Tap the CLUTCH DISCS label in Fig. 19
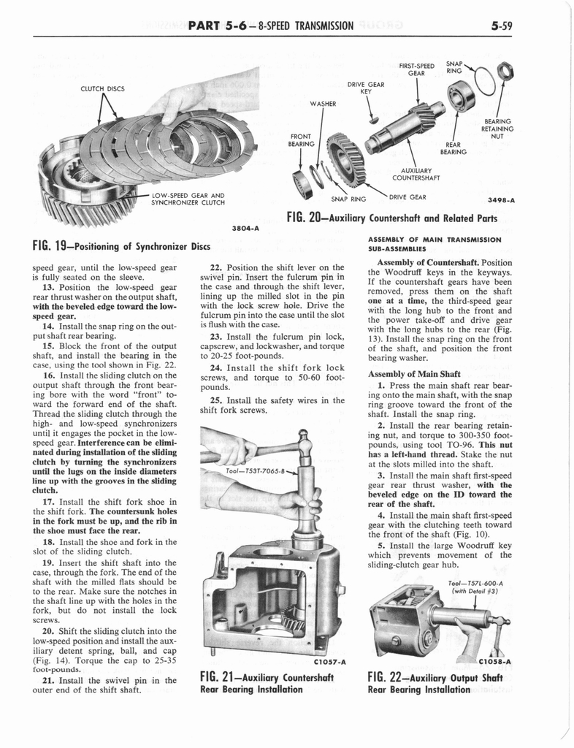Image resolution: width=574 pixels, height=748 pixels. click(102, 89)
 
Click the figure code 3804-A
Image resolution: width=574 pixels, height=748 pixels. click(245, 227)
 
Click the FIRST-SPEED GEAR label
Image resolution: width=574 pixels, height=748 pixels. click(416, 69)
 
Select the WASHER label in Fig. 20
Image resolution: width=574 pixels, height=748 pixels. click(323, 104)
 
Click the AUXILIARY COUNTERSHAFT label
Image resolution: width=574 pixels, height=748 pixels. click(416, 173)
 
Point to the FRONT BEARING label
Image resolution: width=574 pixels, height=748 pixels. click(302, 140)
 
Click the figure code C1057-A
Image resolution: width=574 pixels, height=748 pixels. click(329, 662)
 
